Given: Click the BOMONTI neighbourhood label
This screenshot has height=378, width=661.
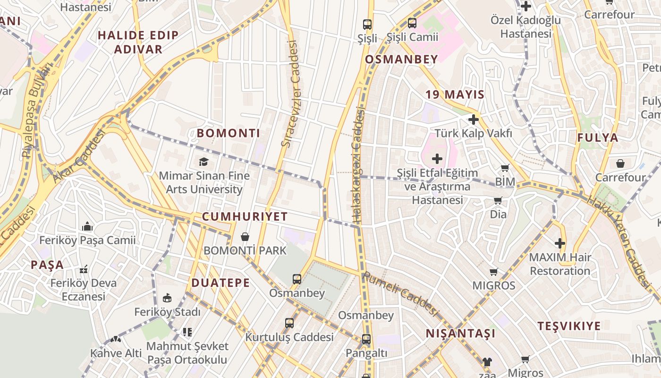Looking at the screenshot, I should coord(229,133).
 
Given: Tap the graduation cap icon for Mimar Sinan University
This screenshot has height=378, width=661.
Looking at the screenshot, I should coord(203,162).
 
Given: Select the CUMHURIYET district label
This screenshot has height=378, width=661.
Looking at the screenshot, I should coord(245,217).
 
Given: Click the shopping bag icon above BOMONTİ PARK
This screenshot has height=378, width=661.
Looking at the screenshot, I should coord(245,236).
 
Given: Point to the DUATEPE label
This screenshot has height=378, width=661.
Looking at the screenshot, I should coord(220,283).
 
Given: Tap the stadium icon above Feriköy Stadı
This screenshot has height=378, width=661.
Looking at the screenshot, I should coord(167,298).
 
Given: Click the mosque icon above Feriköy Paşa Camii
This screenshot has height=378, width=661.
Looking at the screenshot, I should coord(87,227).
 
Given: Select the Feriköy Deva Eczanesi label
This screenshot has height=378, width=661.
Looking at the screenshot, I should coord(84,290).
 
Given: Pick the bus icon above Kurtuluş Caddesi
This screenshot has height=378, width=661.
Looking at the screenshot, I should coord(289,323).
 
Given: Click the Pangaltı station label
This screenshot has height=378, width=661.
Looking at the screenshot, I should coord(366,353).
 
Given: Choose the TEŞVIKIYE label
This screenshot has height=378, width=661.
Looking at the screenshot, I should coord(569,326).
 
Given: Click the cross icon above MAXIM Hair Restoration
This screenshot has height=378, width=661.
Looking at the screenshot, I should coord(560,243).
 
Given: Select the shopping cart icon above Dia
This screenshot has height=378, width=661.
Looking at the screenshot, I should coord(498,201).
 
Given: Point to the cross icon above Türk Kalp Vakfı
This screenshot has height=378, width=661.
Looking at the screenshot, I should coord(474,120).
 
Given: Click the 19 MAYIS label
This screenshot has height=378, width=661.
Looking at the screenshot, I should coord(455,94).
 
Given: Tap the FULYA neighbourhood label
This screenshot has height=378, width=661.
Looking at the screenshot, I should coord(598,138).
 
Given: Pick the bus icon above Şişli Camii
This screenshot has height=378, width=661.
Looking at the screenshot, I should coord(412,23).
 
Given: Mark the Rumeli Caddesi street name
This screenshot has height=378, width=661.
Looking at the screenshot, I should coord(400,294).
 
